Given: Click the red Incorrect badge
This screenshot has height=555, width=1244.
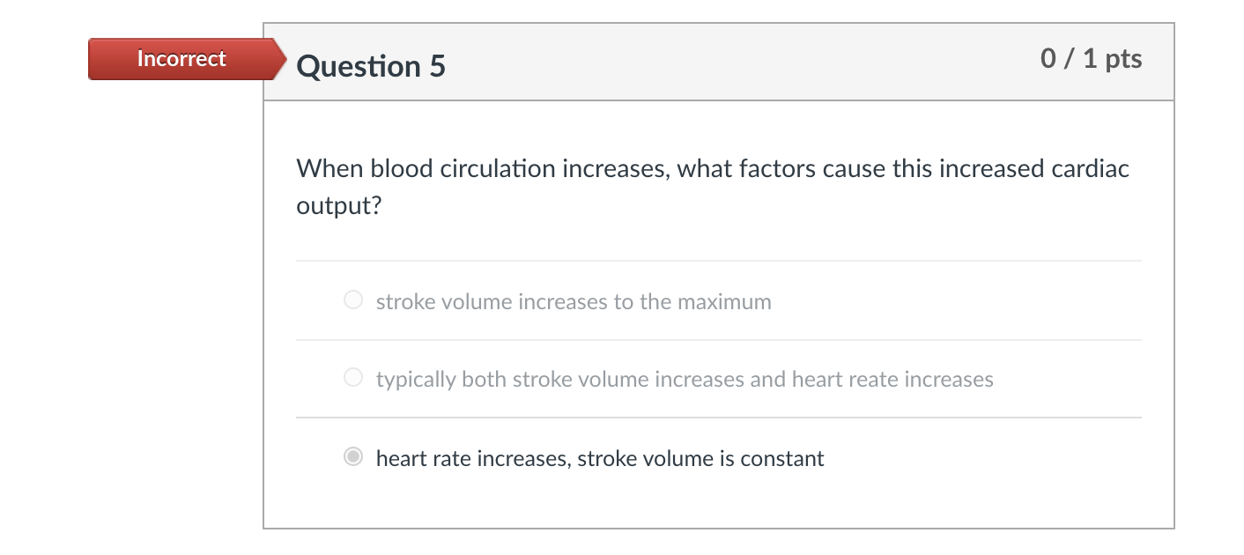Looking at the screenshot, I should point(182,59).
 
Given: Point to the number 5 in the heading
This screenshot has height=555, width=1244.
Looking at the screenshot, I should point(437,66).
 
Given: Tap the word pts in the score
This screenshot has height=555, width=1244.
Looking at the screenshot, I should point(1123,59).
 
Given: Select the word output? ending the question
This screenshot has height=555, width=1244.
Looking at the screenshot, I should point(339,207).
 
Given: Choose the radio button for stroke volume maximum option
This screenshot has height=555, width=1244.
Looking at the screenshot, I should point(353,301).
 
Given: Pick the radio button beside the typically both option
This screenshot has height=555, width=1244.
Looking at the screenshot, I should point(353,379).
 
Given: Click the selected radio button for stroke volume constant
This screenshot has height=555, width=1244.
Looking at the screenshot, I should point(353,458).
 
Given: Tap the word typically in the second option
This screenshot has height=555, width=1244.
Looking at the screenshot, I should point(415,380).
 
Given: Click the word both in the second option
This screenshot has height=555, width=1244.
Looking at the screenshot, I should point(484,380).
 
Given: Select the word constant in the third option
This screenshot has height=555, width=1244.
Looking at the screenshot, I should point(782,458).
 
